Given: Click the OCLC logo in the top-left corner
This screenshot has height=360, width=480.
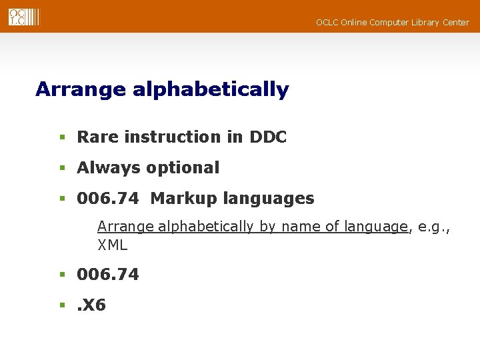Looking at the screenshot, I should [x=24, y=17].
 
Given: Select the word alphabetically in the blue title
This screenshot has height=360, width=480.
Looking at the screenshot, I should [x=211, y=89].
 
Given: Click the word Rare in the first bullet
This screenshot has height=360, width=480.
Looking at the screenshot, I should [x=98, y=137].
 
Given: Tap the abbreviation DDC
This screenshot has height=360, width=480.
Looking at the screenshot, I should [x=268, y=137].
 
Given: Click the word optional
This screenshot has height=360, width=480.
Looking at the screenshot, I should [x=182, y=168].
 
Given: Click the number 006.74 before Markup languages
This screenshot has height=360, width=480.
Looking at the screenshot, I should [x=108, y=199].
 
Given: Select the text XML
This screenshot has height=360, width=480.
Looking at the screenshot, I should [x=112, y=245].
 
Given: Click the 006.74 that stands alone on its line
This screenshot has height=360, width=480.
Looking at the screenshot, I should [x=108, y=275].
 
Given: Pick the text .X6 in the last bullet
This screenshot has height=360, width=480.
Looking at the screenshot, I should [x=91, y=305].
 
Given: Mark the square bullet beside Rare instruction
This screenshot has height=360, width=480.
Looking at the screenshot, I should [x=61, y=138].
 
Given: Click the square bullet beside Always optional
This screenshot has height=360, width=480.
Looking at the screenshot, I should [x=61, y=169].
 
